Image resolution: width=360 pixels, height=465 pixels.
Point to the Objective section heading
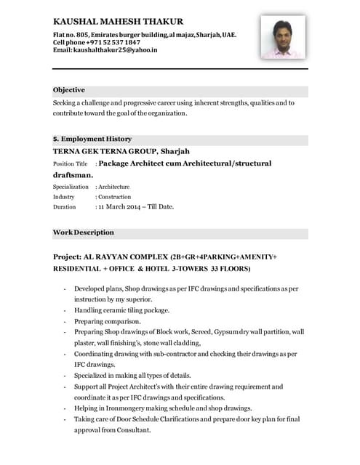[69, 90]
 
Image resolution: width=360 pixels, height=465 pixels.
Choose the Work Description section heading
[84, 232]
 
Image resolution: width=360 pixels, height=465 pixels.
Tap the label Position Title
[70, 165]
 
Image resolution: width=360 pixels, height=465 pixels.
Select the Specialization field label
[71, 187]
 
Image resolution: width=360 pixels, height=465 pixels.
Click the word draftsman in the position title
[71, 175]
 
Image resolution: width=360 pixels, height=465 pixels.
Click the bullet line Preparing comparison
[108, 321]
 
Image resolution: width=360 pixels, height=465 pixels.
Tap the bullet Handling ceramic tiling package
[121, 310]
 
